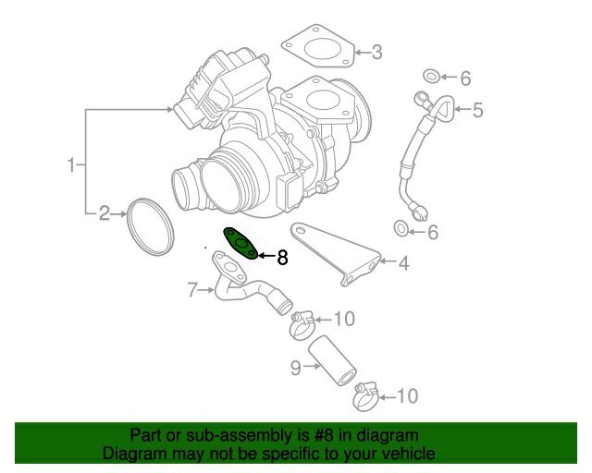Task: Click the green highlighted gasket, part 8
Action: pyautogui.click(x=240, y=244)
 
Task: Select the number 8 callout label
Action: pyautogui.click(x=282, y=258)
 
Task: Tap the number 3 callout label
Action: pyautogui.click(x=376, y=52)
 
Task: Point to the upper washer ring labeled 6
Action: pyautogui.click(x=432, y=76)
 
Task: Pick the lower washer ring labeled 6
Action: pyautogui.click(x=401, y=228)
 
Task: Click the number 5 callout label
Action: pyautogui.click(x=477, y=110)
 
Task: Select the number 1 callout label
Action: pyautogui.click(x=72, y=164)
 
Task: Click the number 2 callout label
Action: pyautogui.click(x=105, y=213)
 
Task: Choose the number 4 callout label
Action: pyautogui.click(x=403, y=263)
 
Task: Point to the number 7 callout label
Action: pyautogui.click(x=192, y=290)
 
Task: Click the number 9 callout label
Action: pyautogui.click(x=296, y=368)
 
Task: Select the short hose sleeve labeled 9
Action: pyautogui.click(x=332, y=360)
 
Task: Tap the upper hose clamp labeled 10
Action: pyautogui.click(x=302, y=325)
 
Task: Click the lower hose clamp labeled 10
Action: pyautogui.click(x=366, y=397)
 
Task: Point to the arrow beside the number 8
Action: pyautogui.click(x=266, y=256)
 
